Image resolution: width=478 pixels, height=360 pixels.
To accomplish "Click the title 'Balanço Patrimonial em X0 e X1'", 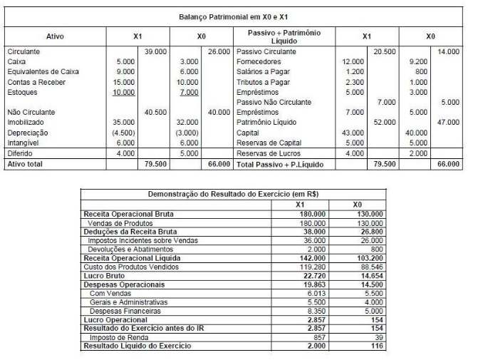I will (x=238, y=16).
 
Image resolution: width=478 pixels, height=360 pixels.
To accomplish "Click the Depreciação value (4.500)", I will (x=122, y=133).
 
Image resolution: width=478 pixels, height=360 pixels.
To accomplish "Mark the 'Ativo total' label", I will (x=26, y=164).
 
